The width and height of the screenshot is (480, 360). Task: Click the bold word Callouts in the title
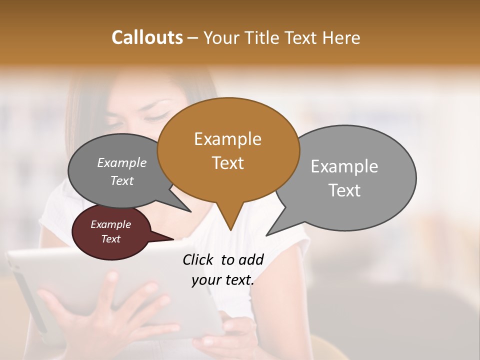[x=147, y=37]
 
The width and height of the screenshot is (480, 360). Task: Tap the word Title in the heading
[x=264, y=37]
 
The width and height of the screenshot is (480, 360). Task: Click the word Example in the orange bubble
[x=227, y=139]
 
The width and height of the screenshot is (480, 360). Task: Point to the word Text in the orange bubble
[x=228, y=163]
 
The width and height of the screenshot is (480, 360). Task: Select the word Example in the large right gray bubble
[x=344, y=166]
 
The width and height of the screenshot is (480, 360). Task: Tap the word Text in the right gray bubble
[x=344, y=190]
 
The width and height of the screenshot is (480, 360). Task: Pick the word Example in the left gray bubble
[x=121, y=163]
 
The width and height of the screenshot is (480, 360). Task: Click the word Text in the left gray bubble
[x=121, y=180]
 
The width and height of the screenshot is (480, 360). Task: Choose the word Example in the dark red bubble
[x=110, y=224]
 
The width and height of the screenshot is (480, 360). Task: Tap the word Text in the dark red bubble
[x=110, y=239]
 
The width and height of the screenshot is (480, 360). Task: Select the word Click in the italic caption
[x=198, y=259]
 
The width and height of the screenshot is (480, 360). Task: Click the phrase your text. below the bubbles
[x=222, y=280]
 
